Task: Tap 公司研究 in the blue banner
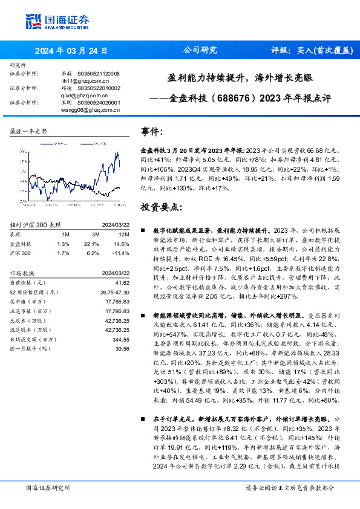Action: [x=200, y=51]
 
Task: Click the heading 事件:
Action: [x=152, y=132]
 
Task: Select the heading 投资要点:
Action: [x=161, y=207]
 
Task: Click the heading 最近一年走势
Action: [x=28, y=131]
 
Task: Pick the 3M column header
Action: [x=96, y=235]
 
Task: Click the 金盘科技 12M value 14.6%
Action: [x=123, y=243]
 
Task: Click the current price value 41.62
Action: [x=123, y=282]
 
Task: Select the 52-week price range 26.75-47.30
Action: [x=116, y=291]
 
